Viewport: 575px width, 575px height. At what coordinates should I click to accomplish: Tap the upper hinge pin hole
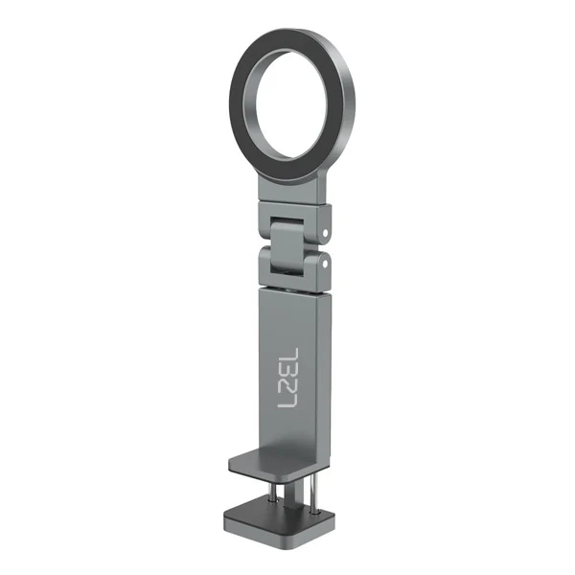[325, 233]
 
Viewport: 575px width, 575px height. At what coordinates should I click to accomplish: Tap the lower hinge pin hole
[325, 264]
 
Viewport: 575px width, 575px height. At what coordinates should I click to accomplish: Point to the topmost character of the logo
[290, 355]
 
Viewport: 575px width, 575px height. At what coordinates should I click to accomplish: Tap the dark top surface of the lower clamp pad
[279, 511]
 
